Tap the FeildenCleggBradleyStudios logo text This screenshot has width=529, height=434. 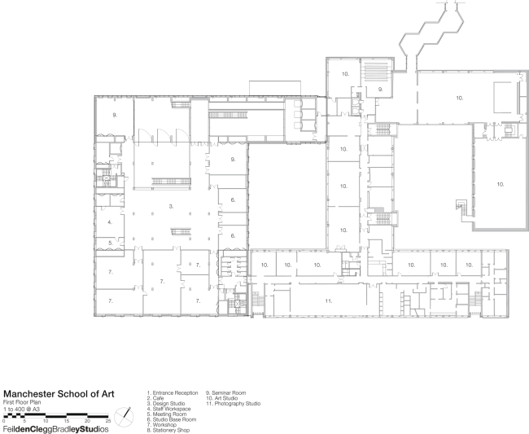(x=55, y=428)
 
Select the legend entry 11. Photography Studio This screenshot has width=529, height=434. (x=232, y=403)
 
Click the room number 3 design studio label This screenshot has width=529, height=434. (x=171, y=207)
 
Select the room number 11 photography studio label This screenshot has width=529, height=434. (x=328, y=301)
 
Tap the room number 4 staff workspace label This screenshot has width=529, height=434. (x=109, y=221)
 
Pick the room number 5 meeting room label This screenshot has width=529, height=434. (x=109, y=243)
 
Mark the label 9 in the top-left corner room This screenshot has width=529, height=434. (x=116, y=116)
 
